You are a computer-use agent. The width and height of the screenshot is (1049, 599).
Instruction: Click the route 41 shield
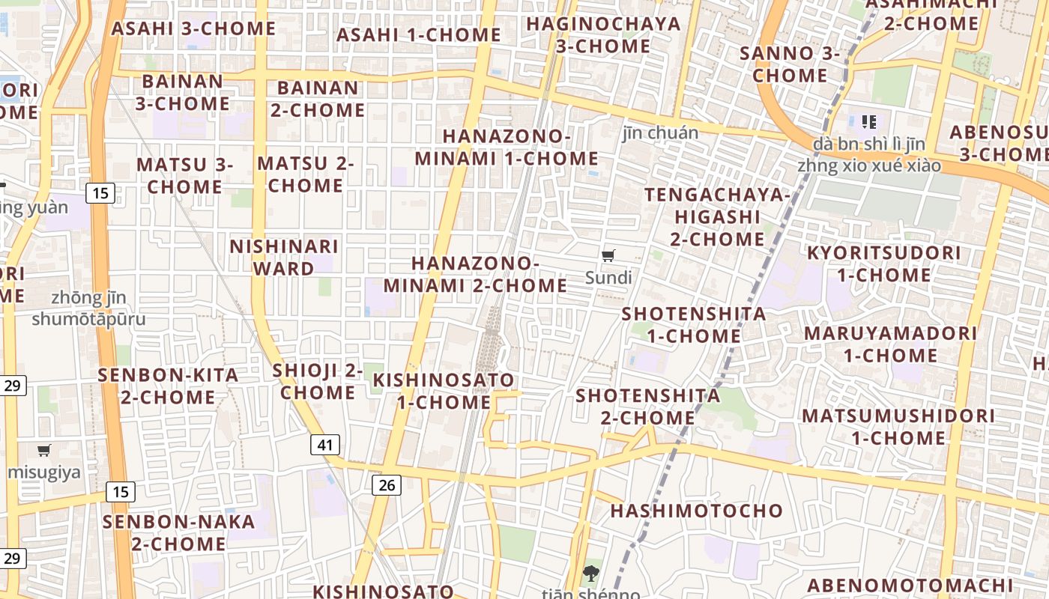[x=324, y=445]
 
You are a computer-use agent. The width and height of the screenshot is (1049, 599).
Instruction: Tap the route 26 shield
[x=387, y=484]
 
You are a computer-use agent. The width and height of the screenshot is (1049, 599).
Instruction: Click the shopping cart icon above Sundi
[x=608, y=256]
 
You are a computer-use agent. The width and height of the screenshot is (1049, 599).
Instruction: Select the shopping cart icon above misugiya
[x=44, y=450]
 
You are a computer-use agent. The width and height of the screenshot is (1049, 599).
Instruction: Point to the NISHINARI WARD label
[x=284, y=258]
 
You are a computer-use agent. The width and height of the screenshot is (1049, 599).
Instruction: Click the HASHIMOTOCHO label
[x=697, y=511]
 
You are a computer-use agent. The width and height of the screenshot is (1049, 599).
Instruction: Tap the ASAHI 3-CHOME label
[x=194, y=29]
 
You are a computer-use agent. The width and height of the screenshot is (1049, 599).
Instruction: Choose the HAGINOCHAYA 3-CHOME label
[x=604, y=35]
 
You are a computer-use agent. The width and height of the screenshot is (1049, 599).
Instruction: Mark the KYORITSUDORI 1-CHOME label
[x=884, y=264]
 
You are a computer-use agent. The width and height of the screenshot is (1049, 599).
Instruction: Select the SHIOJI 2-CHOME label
[x=318, y=381]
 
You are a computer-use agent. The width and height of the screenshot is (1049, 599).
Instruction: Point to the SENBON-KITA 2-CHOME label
[x=169, y=386]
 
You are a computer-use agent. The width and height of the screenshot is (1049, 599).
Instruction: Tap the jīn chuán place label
[x=660, y=133]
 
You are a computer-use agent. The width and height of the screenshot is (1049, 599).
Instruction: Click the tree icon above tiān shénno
[x=591, y=574]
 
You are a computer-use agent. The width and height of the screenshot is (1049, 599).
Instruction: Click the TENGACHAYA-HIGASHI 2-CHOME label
[x=718, y=217]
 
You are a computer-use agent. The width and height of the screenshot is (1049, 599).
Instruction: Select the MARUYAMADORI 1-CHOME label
[x=891, y=344]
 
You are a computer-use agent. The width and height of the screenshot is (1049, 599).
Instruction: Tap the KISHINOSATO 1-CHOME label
[x=444, y=391]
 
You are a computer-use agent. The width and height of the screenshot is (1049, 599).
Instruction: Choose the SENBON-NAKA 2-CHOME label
[x=179, y=532]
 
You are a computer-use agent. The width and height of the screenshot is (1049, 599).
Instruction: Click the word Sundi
[x=608, y=278]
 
